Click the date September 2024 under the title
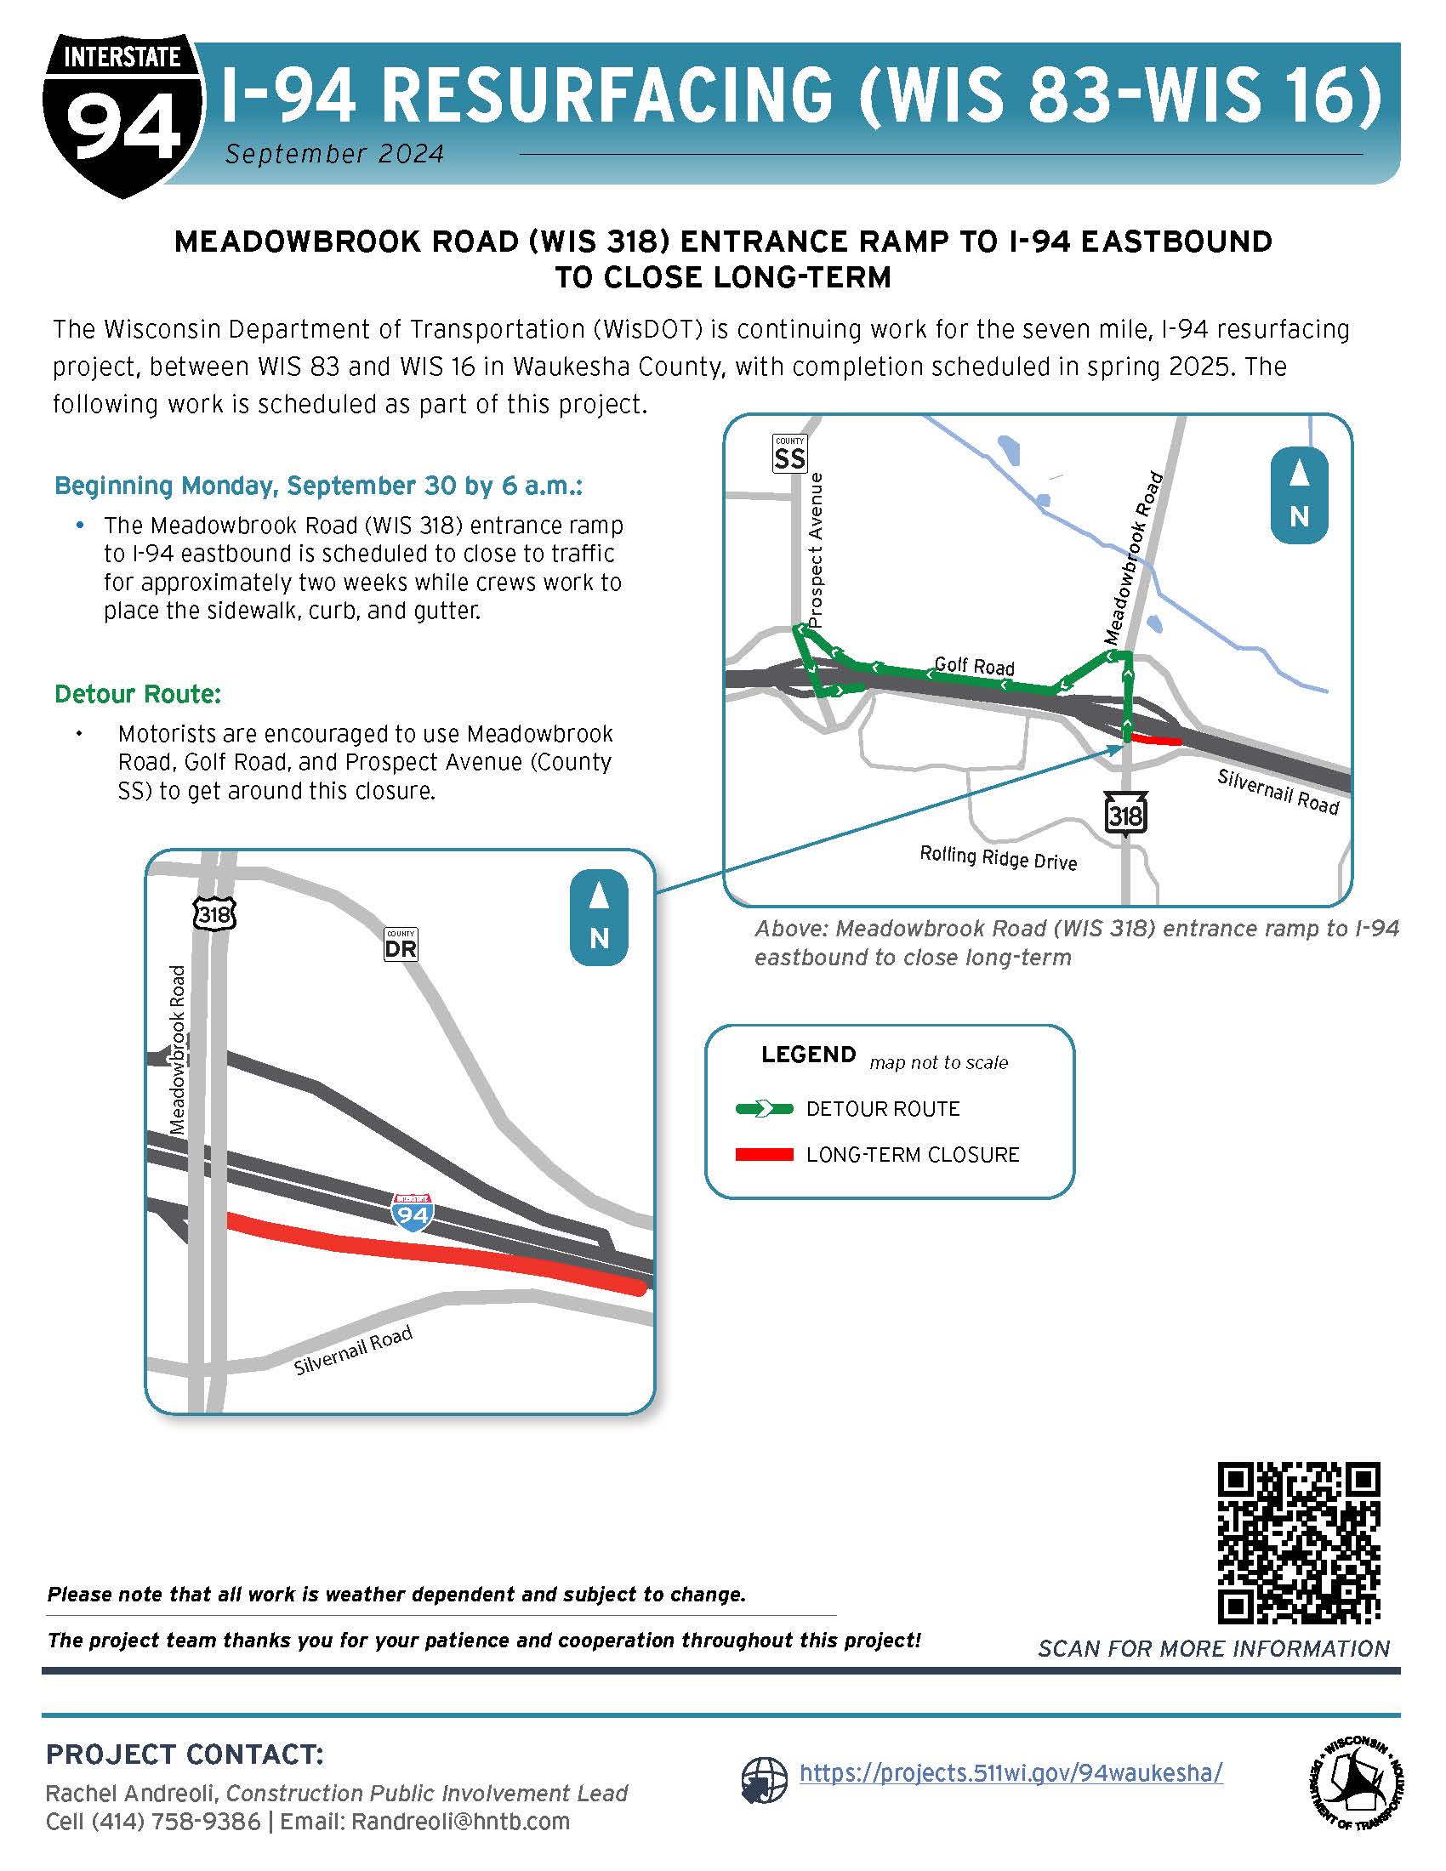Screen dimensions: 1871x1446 pyautogui.click(x=334, y=154)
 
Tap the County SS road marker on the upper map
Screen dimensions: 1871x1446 pyautogui.click(x=789, y=454)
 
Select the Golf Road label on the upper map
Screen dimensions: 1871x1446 pyautogui.click(x=974, y=666)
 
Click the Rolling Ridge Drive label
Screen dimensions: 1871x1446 pyautogui.click(x=997, y=857)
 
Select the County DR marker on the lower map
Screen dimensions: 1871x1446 pyautogui.click(x=400, y=945)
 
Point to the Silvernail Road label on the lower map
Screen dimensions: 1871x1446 pyautogui.click(x=353, y=1351)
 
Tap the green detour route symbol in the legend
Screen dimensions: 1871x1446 pyautogui.click(x=764, y=1109)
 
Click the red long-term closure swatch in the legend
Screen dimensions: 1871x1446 pyautogui.click(x=764, y=1155)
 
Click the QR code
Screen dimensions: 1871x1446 pyautogui.click(x=1299, y=1543)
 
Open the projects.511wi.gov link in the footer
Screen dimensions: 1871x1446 pyautogui.click(x=1010, y=1772)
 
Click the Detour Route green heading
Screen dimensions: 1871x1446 pyautogui.click(x=138, y=694)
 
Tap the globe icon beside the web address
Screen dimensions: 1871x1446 pyautogui.click(x=764, y=1780)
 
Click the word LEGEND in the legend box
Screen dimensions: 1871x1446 pyautogui.click(x=808, y=1055)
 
